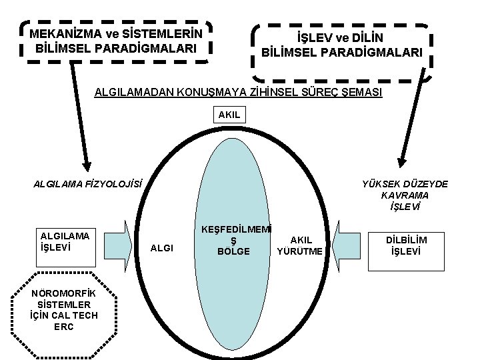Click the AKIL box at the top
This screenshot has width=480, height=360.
pos(229,115)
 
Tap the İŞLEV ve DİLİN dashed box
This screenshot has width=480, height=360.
pos(341,45)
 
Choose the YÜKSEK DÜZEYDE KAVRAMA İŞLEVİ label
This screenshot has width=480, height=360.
pos(405,195)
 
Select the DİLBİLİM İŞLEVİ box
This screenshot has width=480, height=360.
pos(406,245)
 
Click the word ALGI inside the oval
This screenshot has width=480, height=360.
pos(162,248)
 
